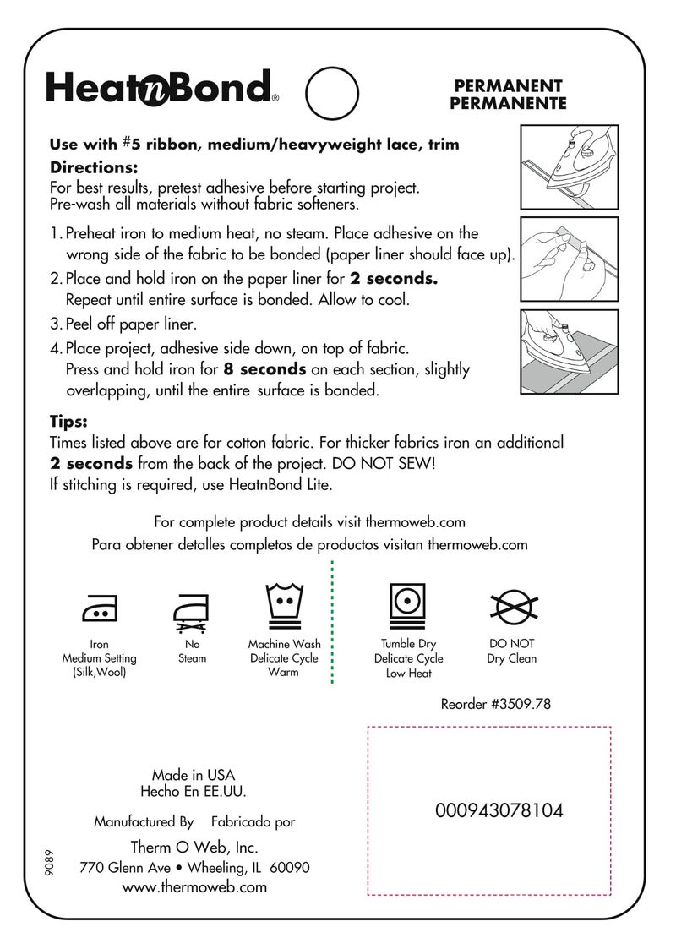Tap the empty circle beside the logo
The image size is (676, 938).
pos(330,94)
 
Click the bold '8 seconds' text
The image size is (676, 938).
pos(264,369)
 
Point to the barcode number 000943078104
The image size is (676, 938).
pos(499,811)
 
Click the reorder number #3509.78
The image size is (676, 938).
pos(496,703)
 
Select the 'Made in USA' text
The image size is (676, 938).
pos(194,775)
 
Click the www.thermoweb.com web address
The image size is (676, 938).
pos(194,887)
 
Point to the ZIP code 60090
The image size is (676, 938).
pos(290,868)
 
